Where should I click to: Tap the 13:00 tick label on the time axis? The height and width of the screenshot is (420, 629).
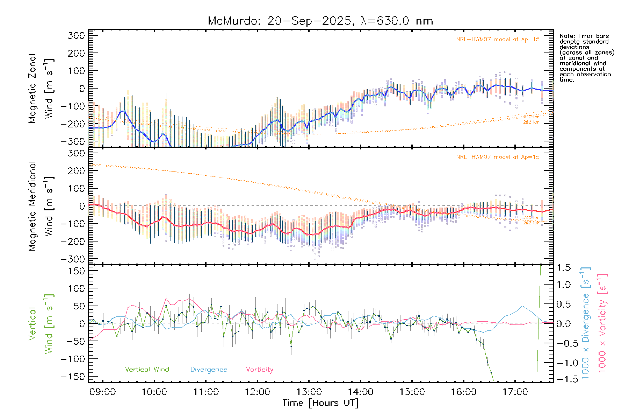(x=309, y=392)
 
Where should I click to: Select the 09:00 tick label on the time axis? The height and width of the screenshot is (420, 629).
(x=102, y=392)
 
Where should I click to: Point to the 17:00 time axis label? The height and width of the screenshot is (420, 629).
(x=515, y=392)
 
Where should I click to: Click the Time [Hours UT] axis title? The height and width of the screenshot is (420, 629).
(x=320, y=403)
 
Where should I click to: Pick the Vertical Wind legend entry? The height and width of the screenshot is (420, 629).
(x=147, y=370)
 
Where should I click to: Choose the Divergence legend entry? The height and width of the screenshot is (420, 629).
(x=209, y=370)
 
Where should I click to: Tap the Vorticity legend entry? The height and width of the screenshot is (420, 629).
(x=259, y=370)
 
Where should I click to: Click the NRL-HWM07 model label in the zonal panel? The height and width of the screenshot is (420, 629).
(x=498, y=40)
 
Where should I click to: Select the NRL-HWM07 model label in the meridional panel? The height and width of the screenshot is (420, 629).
(x=498, y=157)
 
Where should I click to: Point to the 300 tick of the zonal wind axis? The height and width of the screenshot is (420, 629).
(x=76, y=36)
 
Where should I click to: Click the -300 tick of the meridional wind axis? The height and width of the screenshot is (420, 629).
(x=73, y=259)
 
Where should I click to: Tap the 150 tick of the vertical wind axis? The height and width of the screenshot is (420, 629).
(x=76, y=271)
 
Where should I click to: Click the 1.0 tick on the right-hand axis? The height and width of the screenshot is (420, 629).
(x=564, y=285)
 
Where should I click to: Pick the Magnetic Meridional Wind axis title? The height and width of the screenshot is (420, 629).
(x=41, y=206)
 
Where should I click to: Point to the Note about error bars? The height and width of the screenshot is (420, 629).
(x=586, y=58)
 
